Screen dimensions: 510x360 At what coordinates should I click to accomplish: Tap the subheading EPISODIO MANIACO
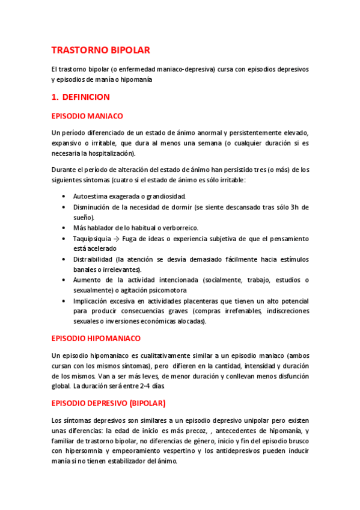[87, 115]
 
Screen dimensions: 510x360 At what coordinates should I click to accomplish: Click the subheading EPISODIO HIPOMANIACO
[96, 339]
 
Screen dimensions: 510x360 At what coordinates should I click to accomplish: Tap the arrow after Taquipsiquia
[117, 239]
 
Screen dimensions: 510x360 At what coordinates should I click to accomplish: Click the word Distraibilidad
[96, 259]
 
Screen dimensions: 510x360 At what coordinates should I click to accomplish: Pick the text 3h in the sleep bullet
[294, 207]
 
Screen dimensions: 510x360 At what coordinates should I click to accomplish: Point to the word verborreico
[179, 227]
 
